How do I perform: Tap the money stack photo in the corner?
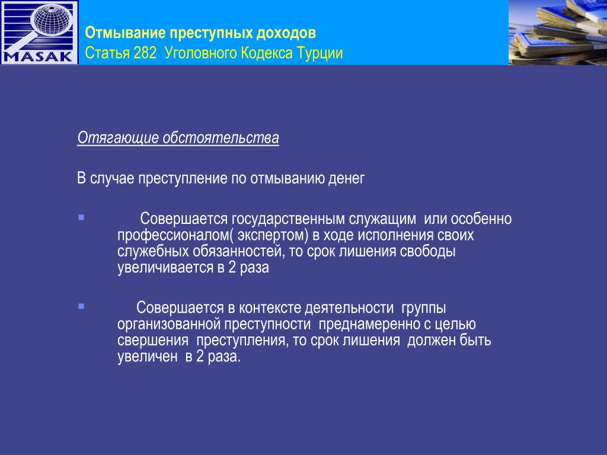(x=557, y=32)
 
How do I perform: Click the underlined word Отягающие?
(x=118, y=138)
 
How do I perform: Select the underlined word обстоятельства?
(x=221, y=137)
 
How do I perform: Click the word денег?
(x=346, y=179)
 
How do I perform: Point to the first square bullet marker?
(x=81, y=217)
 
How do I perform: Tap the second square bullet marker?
(x=81, y=306)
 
